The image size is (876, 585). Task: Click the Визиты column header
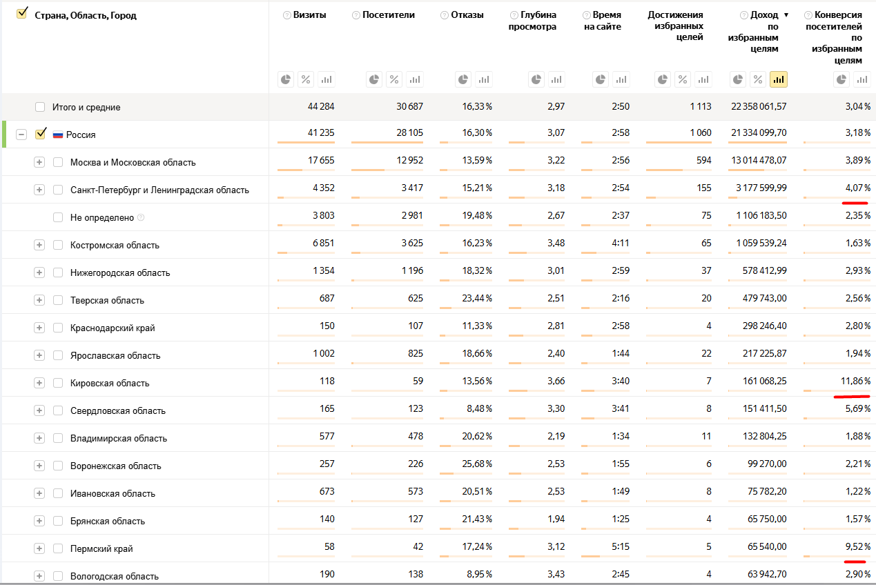pyautogui.click(x=309, y=14)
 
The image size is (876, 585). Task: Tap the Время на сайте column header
pyautogui.click(x=605, y=21)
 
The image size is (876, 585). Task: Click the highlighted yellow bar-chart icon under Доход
pyautogui.click(x=778, y=79)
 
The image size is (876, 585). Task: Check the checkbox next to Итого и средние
pyautogui.click(x=40, y=107)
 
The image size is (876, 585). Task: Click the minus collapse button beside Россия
pyautogui.click(x=21, y=135)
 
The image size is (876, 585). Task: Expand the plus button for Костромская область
pyautogui.click(x=39, y=245)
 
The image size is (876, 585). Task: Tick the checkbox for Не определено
pyautogui.click(x=58, y=217)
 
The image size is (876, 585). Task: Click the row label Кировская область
pyautogui.click(x=110, y=383)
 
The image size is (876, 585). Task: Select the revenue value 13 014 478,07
pyautogui.click(x=759, y=160)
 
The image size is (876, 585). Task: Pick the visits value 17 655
pyautogui.click(x=321, y=160)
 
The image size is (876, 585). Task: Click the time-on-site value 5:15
pyautogui.click(x=619, y=546)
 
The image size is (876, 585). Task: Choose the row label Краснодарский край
pyautogui.click(x=113, y=328)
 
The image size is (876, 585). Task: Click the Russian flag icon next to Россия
pyautogui.click(x=58, y=135)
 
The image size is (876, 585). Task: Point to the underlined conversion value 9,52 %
pyautogui.click(x=857, y=546)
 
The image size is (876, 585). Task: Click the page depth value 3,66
pyautogui.click(x=555, y=381)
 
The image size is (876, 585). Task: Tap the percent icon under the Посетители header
pyautogui.click(x=393, y=79)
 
